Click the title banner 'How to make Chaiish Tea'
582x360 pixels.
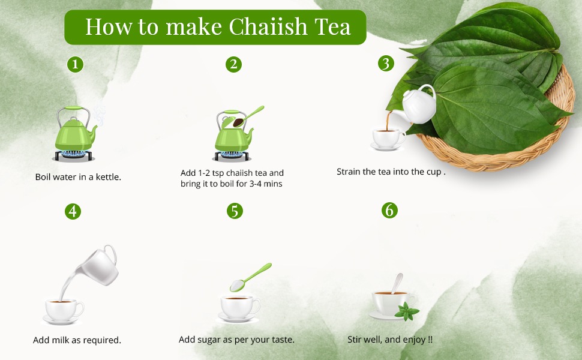[x=215, y=27]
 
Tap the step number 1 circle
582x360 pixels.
[x=74, y=64]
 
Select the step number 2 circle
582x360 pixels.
[x=234, y=64]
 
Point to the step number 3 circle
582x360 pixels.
[x=386, y=64]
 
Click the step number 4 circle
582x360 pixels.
[x=73, y=211]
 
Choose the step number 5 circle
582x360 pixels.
[x=234, y=211]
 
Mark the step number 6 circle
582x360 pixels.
[x=389, y=211]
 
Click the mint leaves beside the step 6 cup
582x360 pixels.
[x=407, y=311]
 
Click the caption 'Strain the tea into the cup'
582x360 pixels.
[x=391, y=172]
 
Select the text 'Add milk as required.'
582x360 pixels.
[x=77, y=340]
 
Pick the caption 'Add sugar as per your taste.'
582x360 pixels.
[x=236, y=340]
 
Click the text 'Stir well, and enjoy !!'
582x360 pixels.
[x=390, y=340]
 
